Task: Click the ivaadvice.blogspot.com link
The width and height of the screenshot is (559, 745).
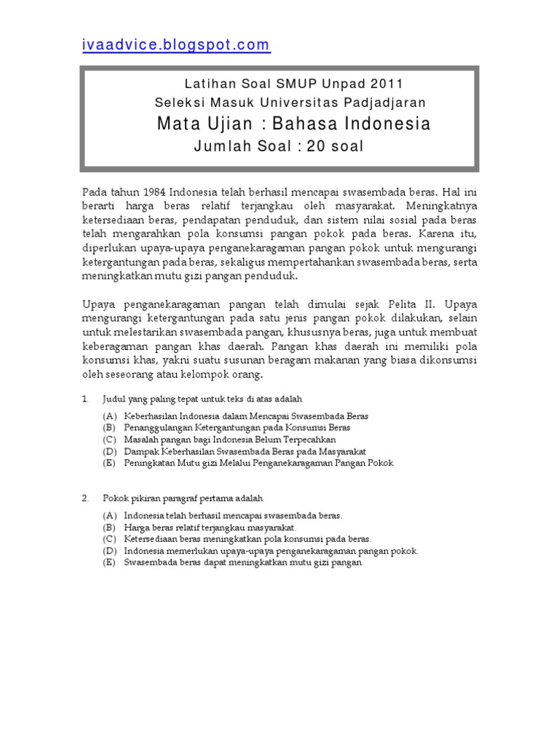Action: (175, 45)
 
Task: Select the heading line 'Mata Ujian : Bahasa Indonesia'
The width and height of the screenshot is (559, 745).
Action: (293, 124)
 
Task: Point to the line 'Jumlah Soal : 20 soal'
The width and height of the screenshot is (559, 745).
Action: (278, 147)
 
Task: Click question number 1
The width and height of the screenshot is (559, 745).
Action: (85, 399)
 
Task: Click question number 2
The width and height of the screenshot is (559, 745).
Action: (85, 498)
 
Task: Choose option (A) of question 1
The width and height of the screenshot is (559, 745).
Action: (110, 416)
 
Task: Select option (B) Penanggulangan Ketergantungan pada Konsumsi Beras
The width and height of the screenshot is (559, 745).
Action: (110, 428)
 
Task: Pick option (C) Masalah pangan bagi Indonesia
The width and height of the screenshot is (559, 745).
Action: (110, 439)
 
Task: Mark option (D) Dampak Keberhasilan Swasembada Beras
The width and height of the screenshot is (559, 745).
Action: (110, 451)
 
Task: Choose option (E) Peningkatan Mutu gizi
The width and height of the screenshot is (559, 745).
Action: (110, 463)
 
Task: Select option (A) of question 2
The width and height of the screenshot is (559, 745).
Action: (110, 515)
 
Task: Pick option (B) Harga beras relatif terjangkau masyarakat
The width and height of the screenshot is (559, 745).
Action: (110, 527)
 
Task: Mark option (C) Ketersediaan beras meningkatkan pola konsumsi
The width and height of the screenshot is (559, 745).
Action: (110, 538)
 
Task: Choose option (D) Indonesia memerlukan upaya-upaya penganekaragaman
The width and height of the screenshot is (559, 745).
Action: (110, 551)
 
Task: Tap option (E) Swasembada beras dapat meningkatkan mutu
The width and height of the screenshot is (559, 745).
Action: (110, 562)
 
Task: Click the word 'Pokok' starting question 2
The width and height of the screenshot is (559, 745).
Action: (115, 498)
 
